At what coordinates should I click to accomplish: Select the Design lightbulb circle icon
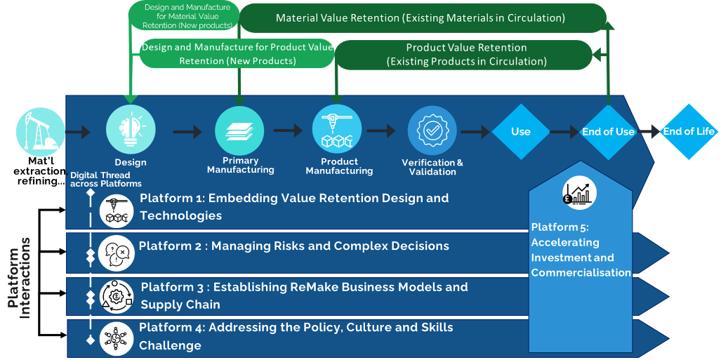[130, 131]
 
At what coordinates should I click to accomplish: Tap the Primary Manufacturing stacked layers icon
[239, 131]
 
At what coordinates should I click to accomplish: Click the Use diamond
[520, 131]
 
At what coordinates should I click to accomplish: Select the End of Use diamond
[608, 131]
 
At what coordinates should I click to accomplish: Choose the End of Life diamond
[688, 131]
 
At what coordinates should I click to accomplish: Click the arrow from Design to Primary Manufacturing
[187, 131]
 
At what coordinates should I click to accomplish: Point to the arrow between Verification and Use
[475, 131]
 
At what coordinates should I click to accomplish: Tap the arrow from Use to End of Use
[564, 131]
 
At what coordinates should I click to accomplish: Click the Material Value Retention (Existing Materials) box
[421, 18]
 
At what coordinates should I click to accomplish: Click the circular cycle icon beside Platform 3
[117, 295]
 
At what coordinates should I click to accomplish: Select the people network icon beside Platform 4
[115, 335]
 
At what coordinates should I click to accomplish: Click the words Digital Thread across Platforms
[105, 179]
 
